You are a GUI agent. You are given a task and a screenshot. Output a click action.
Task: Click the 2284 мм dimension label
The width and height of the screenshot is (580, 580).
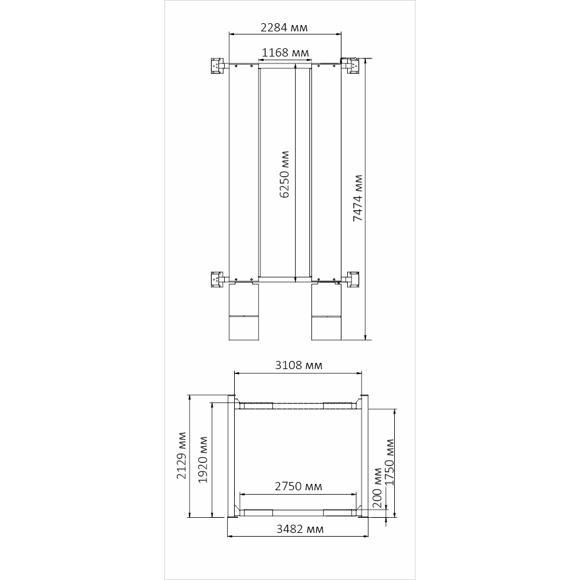point(284,28)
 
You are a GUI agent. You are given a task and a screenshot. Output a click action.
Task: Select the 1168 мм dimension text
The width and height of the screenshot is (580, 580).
point(285,53)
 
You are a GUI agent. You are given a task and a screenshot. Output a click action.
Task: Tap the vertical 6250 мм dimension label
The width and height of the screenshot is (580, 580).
point(284,175)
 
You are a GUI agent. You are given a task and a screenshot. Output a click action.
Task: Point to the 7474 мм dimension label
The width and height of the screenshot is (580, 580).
point(358,198)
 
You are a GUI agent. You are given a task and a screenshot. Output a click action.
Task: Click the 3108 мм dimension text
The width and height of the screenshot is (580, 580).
point(299,365)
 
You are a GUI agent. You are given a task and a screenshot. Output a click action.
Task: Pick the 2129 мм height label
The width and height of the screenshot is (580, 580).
point(181,455)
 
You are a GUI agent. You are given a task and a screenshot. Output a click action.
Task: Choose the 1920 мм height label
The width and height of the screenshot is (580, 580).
point(203,459)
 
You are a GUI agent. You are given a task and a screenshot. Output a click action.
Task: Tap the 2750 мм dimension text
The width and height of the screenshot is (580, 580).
point(299,486)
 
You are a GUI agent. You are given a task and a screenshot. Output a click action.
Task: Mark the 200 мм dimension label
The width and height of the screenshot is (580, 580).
point(377,488)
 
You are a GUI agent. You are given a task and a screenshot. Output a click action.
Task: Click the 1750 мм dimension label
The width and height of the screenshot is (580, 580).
point(390,463)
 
